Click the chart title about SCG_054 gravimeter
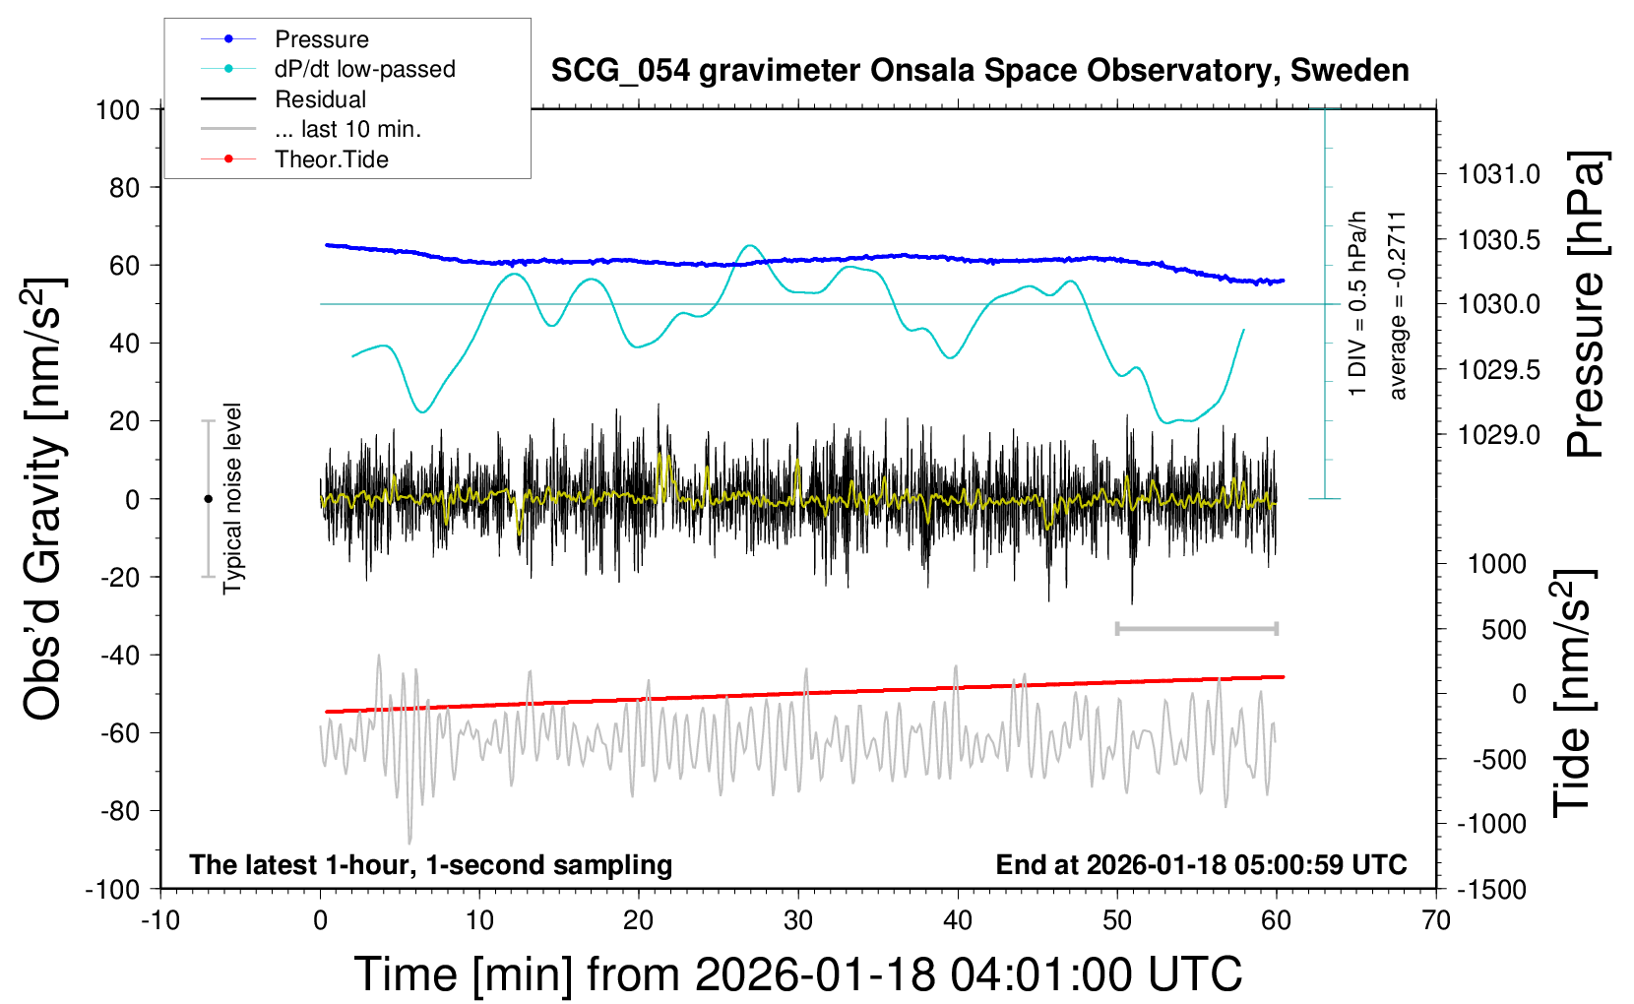979,71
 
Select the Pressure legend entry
321,39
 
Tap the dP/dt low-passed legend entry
364,69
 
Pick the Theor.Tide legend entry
331,159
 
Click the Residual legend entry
320,99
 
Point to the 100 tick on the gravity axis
117,109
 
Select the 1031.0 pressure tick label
1498,174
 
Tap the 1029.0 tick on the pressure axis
1498,434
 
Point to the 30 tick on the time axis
798,920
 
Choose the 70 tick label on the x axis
1436,920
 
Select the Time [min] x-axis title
797,974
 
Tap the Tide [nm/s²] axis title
1573,693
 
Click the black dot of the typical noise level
208,499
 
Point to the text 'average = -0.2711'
1398,305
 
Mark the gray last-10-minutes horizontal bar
1196,628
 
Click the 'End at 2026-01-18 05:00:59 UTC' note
1201,864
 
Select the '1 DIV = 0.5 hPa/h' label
1358,303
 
